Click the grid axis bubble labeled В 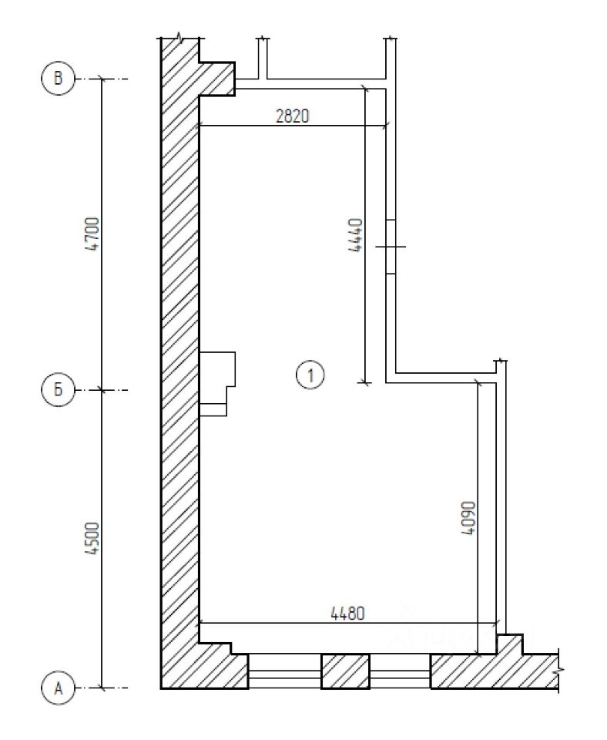(58, 78)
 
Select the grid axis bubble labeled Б (58, 390)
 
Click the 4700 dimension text (94, 234)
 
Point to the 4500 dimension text (94, 537)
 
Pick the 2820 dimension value (293, 116)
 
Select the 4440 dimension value (356, 234)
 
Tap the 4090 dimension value (468, 518)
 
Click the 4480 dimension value (347, 613)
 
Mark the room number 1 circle (310, 375)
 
